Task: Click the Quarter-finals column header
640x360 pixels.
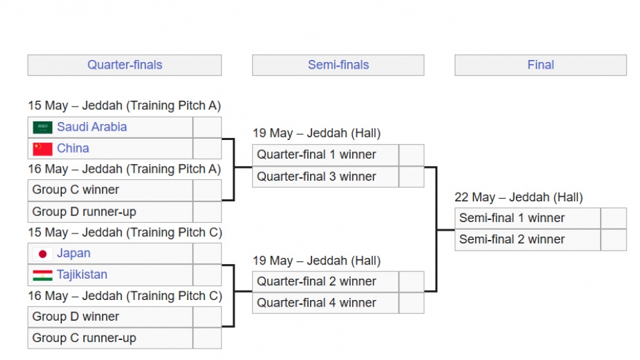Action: click(x=125, y=65)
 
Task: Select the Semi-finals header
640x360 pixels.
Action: click(x=338, y=65)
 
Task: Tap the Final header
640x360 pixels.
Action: click(x=541, y=65)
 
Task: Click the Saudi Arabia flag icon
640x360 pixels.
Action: click(x=43, y=127)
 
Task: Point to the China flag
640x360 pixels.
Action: click(x=43, y=149)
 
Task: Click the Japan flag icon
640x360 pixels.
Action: click(x=43, y=254)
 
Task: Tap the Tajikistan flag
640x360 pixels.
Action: click(x=43, y=275)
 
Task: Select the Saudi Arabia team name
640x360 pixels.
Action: click(x=92, y=127)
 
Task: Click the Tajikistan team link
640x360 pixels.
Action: click(x=82, y=274)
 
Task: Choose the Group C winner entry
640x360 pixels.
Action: click(x=110, y=190)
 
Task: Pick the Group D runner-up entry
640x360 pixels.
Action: click(x=110, y=212)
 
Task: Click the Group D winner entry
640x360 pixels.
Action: click(x=110, y=317)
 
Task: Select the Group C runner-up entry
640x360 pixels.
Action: click(x=110, y=339)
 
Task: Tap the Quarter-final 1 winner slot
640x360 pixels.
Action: click(x=325, y=155)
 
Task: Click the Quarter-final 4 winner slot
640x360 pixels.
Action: click(x=325, y=303)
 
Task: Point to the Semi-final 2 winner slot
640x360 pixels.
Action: click(x=528, y=239)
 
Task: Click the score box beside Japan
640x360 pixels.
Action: click(x=207, y=253)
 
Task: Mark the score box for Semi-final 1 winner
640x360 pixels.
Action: click(x=613, y=218)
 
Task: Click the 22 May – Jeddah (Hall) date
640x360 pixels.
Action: click(x=519, y=197)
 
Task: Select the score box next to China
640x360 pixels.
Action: click(x=207, y=149)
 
